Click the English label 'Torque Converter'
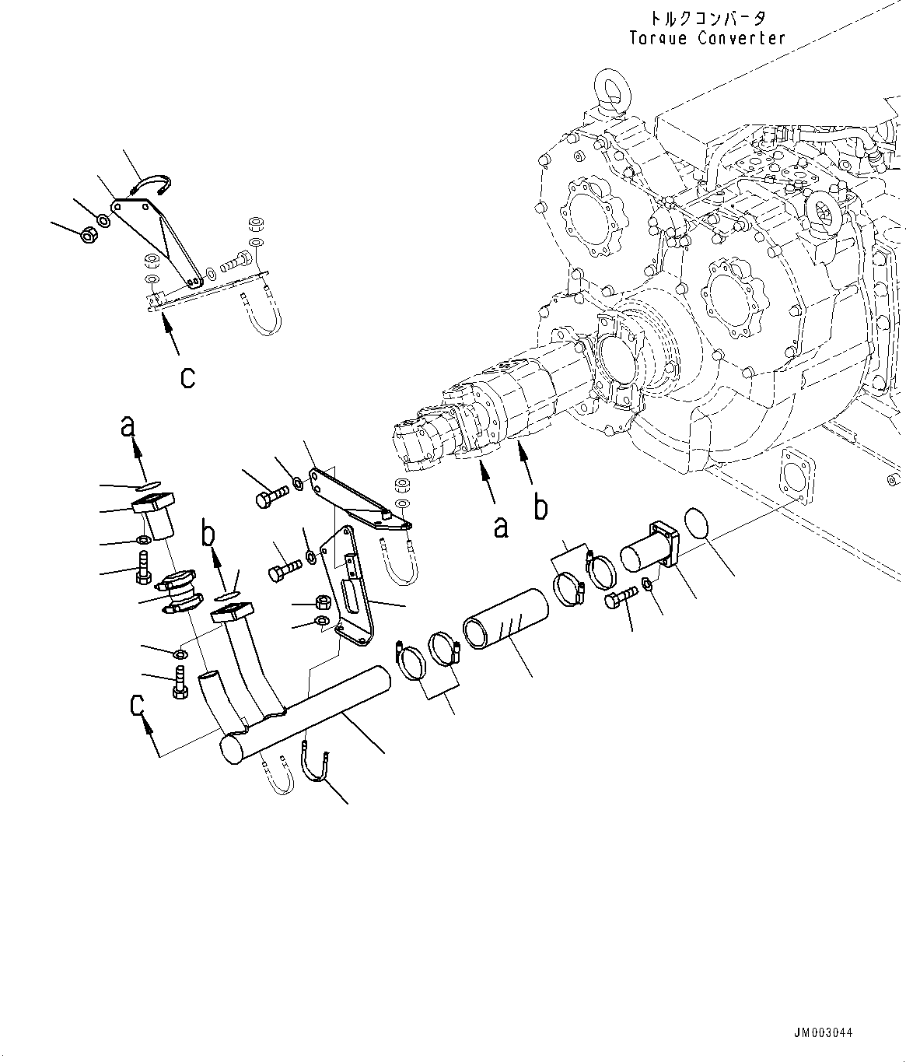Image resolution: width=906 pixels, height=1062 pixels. point(707,38)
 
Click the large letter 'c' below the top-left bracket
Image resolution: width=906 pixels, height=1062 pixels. point(187,377)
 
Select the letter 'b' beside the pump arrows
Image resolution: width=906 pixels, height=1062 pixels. point(540,506)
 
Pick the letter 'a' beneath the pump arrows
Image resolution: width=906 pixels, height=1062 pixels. point(502,527)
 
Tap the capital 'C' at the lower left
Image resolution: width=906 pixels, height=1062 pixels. point(138,707)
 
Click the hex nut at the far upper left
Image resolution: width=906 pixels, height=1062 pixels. point(89,233)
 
